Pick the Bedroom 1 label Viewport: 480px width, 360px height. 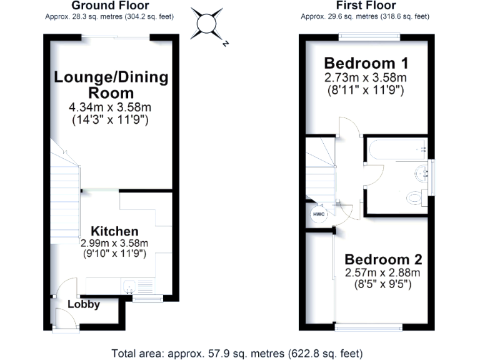366,63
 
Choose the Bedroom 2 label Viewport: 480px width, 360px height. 383,259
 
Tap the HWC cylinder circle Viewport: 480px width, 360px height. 317,214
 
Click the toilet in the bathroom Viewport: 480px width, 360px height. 415,198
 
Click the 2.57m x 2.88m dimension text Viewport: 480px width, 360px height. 382,272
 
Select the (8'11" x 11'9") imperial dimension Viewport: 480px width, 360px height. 366,90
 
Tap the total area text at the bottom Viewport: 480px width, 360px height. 237,352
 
